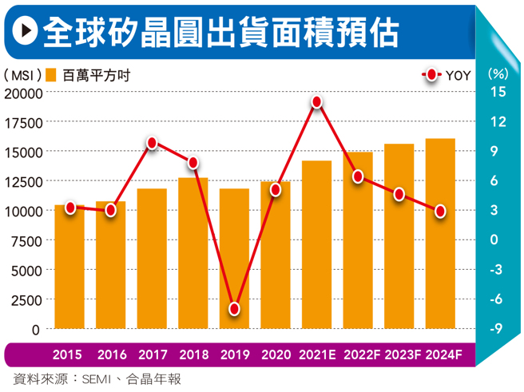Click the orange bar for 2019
coord(234,259)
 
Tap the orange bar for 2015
coord(69,267)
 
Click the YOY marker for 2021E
coord(317,102)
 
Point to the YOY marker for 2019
coord(234,308)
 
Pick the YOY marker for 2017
coord(152,143)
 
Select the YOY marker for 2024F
coord(440,211)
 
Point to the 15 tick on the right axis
coord(498,92)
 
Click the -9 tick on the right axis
coord(497,328)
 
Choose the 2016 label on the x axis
coord(110,354)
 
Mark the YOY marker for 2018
coord(193,163)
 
